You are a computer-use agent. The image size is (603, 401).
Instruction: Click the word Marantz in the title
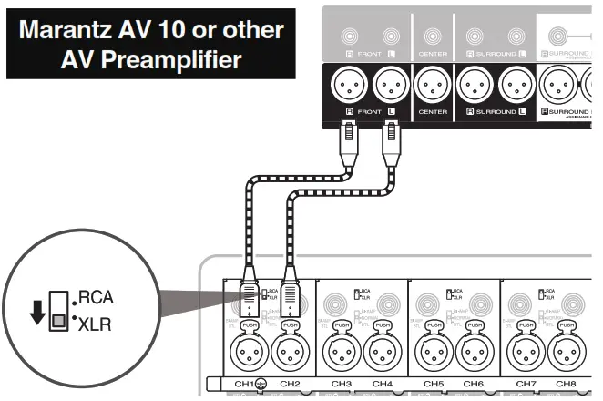coord(74,30)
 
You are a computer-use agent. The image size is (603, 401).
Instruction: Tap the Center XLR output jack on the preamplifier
coord(433,88)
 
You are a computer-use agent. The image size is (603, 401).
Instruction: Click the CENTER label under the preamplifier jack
coord(433,111)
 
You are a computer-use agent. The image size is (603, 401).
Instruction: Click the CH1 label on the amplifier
coord(241,385)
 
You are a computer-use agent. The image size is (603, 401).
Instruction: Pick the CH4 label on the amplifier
coord(382,385)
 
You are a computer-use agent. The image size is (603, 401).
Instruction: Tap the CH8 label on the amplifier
coord(566,385)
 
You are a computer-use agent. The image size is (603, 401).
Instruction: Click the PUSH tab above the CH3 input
coord(341,325)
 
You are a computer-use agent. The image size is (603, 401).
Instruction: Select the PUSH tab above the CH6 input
coord(474,325)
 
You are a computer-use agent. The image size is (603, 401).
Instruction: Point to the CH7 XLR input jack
coord(526,352)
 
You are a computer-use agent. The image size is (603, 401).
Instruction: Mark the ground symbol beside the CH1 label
coord(261,385)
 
